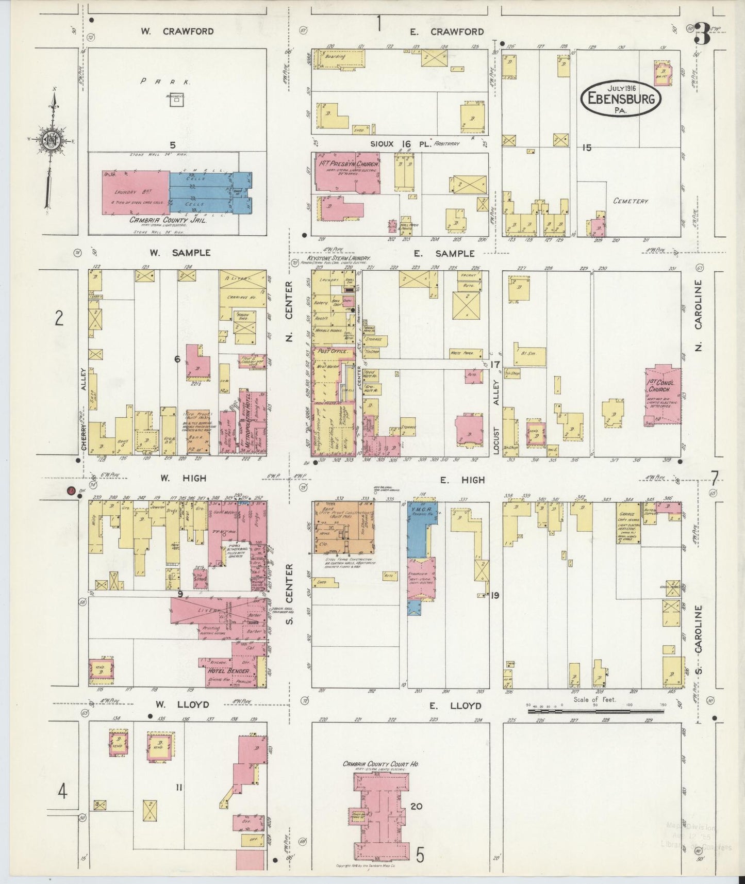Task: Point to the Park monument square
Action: tap(176, 100)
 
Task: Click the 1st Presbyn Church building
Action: tap(347, 173)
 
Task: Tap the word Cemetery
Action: tap(630, 201)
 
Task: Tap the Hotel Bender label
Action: tap(228, 671)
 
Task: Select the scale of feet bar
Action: tap(595, 712)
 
